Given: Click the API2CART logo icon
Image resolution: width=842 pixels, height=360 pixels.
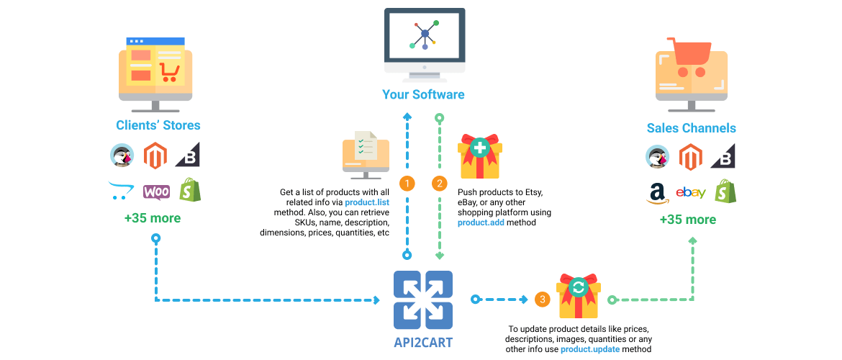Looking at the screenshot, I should (x=423, y=300).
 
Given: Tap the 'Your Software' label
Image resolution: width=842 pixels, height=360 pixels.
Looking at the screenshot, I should (x=423, y=94).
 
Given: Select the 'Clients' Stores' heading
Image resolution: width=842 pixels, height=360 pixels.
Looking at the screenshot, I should (x=158, y=125).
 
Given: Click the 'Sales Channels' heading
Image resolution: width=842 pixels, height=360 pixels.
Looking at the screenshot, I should (x=691, y=128).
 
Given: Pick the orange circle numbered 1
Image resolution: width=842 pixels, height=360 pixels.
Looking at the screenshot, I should (x=407, y=184).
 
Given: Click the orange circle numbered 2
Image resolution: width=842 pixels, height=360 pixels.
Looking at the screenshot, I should (x=439, y=184).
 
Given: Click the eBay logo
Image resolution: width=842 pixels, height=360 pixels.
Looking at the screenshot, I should (x=690, y=192).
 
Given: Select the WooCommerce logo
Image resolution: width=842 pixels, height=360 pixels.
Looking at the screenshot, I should (x=156, y=192).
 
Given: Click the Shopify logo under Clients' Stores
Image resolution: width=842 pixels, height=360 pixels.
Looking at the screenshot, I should (x=190, y=190).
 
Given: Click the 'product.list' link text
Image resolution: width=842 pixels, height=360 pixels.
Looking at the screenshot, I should (x=366, y=203).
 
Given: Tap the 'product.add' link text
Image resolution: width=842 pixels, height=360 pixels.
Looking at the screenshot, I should (x=481, y=223).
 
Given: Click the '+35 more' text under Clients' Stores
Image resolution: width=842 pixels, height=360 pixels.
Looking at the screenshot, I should (x=153, y=218).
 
